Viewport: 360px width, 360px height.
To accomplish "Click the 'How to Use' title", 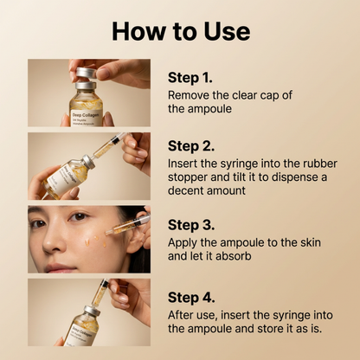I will point(180,31).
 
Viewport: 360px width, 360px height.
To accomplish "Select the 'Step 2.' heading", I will point(195,145).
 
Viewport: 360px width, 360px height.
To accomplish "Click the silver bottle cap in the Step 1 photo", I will point(85,74).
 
